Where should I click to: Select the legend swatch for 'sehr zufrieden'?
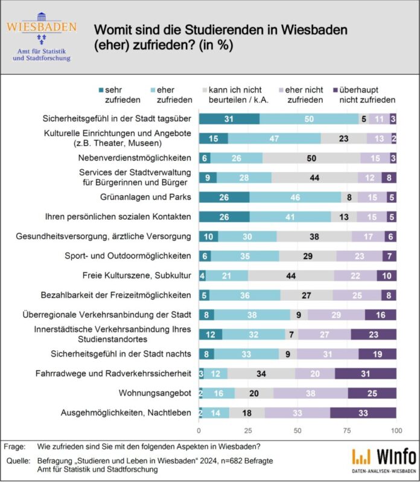[101, 89]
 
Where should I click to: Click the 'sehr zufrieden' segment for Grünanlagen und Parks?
[224, 197]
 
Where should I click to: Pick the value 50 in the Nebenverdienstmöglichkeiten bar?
[311, 158]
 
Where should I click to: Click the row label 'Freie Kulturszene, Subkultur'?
[138, 275]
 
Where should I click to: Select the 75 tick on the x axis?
[347, 431]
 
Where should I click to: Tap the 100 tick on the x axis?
[396, 431]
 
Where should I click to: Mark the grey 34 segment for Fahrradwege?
[261, 374]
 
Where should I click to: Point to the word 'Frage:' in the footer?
[14, 446]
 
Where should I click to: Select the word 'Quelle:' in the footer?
[16, 460]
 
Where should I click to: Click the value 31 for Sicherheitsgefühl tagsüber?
[229, 118]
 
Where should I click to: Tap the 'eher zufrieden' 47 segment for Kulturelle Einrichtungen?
[275, 138]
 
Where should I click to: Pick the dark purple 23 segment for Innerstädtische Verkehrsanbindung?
[374, 335]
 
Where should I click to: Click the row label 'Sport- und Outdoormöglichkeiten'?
[129, 255]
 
